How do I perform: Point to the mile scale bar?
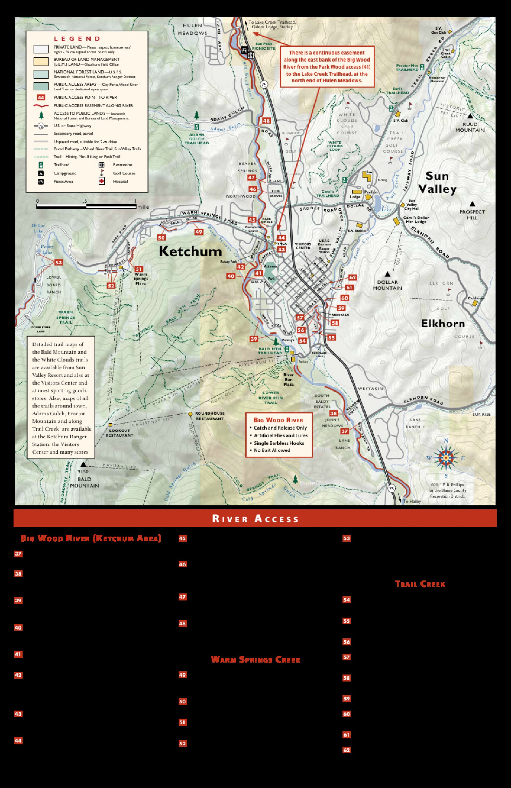(x=86, y=206)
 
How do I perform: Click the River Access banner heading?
(x=255, y=519)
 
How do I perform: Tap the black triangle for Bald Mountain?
(x=83, y=464)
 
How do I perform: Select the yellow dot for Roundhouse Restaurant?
(x=190, y=414)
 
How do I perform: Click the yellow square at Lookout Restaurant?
(x=111, y=424)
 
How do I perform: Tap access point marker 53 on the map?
(x=58, y=263)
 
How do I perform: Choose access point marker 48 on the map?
(x=266, y=121)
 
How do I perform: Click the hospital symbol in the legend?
(x=102, y=181)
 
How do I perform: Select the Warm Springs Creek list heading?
(x=256, y=660)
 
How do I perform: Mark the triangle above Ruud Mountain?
(x=470, y=116)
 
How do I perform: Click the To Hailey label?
(x=412, y=501)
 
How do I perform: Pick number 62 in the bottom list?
(x=346, y=750)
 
